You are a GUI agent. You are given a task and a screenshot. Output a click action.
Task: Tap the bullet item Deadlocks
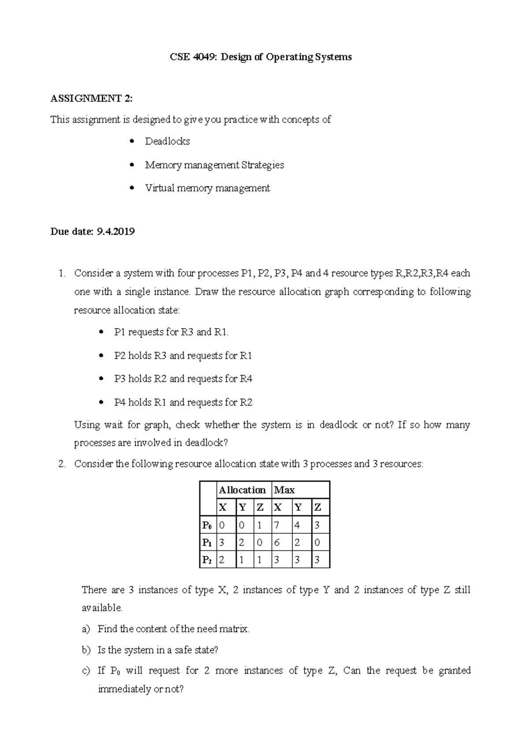pos(167,141)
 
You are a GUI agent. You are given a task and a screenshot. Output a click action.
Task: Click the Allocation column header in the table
pos(242,490)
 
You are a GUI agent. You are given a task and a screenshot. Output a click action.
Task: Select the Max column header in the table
pos(284,490)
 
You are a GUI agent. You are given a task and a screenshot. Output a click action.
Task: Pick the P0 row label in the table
pos(207,525)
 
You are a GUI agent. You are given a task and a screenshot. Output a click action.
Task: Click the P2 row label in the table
pos(207,560)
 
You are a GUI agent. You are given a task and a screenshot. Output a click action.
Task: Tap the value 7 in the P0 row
pos(277,525)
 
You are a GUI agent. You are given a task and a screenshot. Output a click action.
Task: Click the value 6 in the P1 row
pos(277,543)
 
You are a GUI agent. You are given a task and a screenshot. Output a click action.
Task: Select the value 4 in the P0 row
pos(297,525)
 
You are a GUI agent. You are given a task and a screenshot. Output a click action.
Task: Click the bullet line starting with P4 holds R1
pos(183,402)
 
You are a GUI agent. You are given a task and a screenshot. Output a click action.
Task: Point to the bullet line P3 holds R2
pos(183,379)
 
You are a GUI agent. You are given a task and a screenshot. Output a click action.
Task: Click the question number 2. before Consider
pos(62,464)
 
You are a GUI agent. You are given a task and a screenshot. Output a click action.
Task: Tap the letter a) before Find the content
pos(86,629)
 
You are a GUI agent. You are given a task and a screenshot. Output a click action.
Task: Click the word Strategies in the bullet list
pos(263,165)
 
